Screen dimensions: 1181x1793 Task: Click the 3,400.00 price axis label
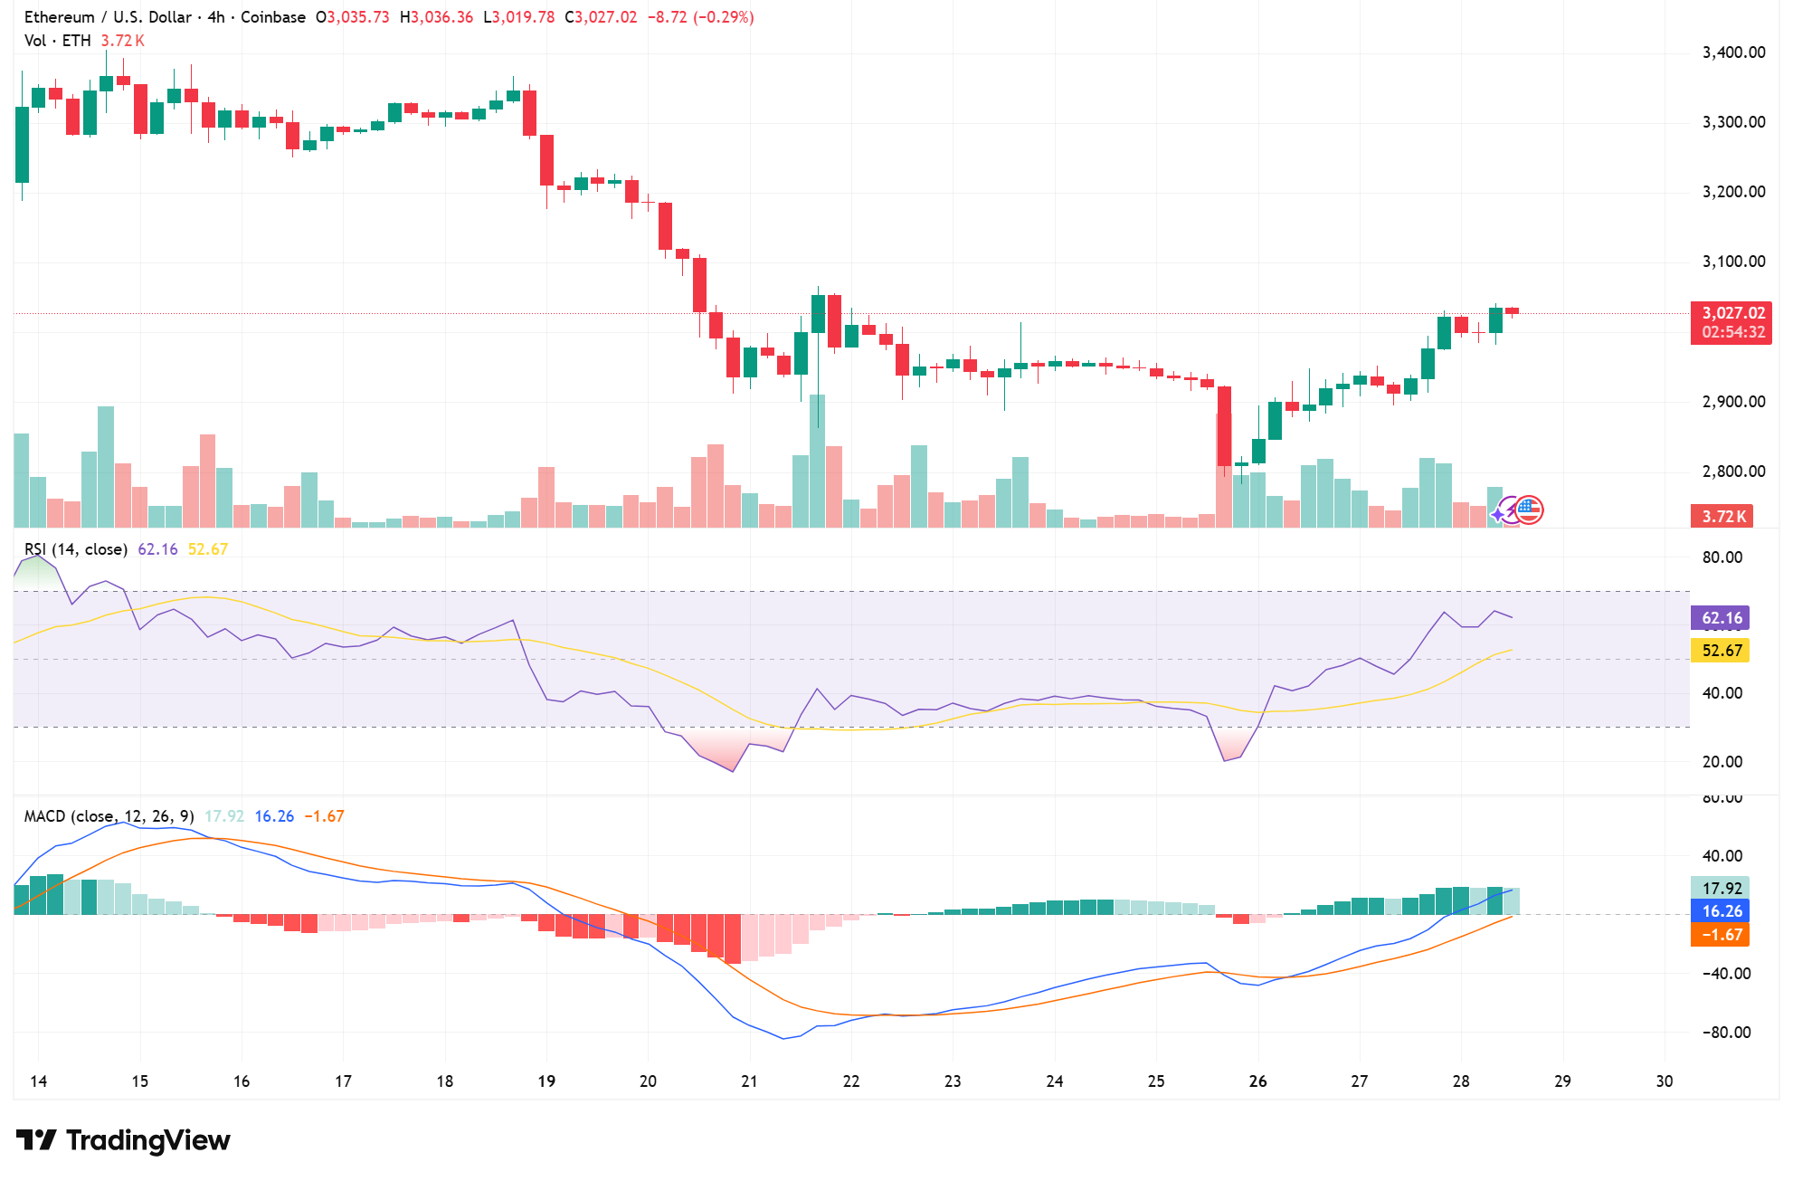1733,52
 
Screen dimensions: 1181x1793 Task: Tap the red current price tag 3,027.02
1732,313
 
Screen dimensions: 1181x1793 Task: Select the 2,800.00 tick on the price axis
1733,471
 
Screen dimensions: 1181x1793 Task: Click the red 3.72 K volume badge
1722,517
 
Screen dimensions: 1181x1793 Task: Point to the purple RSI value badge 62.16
1721,618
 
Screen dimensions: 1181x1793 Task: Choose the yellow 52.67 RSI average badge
1721,651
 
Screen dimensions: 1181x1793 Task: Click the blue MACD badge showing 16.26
1721,911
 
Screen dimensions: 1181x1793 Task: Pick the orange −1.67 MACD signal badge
1721,935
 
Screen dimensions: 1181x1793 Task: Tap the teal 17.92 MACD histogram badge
1721,888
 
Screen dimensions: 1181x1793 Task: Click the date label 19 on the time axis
546,1081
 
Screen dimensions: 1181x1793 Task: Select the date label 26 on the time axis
1257,1081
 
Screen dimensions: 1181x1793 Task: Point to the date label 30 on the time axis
1664,1081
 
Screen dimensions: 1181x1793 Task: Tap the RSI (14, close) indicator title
76,549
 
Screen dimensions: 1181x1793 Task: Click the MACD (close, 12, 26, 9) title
109,816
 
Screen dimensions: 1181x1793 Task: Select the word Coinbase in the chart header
273,17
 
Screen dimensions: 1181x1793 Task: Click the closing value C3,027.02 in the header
601,17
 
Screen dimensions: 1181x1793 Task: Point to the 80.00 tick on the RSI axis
1722,557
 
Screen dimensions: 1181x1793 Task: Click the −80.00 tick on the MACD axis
1725,1033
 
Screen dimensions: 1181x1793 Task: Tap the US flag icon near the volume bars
1529,510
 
